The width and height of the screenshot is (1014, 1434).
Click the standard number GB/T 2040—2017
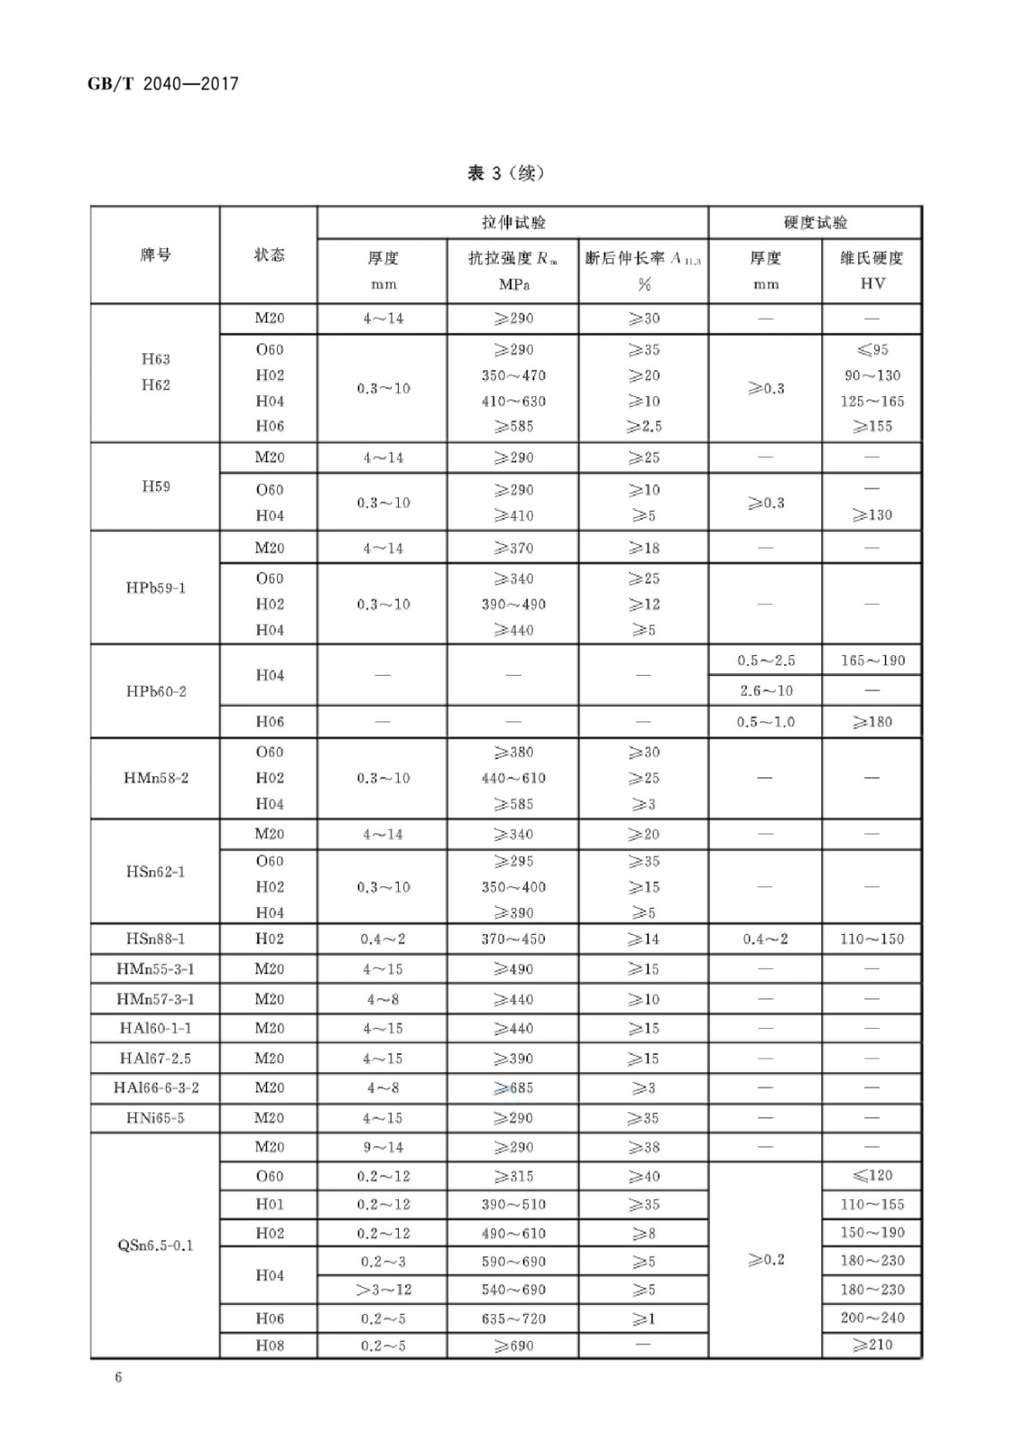tap(162, 84)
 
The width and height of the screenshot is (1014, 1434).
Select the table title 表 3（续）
tap(506, 173)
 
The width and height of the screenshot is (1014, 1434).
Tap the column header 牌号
tap(155, 255)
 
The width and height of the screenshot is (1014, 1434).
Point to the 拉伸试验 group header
tap(513, 222)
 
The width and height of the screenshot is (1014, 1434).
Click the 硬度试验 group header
tap(814, 222)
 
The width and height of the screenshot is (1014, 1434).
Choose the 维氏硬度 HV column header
tap(871, 270)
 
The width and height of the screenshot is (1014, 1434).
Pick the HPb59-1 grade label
tap(155, 588)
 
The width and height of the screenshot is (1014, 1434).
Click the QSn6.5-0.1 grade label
tap(155, 1245)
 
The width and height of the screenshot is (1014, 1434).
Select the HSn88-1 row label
tap(155, 938)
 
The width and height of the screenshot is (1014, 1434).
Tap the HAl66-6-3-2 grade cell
tap(155, 1087)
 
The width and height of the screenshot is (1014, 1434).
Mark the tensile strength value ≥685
tap(513, 1088)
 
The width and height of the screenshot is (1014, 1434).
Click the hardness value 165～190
tap(871, 661)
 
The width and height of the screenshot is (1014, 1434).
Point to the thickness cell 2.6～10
tap(765, 691)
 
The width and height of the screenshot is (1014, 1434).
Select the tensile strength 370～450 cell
tap(513, 938)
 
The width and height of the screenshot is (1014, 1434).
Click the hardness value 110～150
tap(871, 938)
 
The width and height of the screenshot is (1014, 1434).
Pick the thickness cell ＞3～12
tap(383, 1290)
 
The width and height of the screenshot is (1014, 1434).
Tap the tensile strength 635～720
tap(513, 1318)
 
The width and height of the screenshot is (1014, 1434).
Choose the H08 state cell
tap(269, 1345)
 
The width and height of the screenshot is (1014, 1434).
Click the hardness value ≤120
tap(871, 1175)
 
